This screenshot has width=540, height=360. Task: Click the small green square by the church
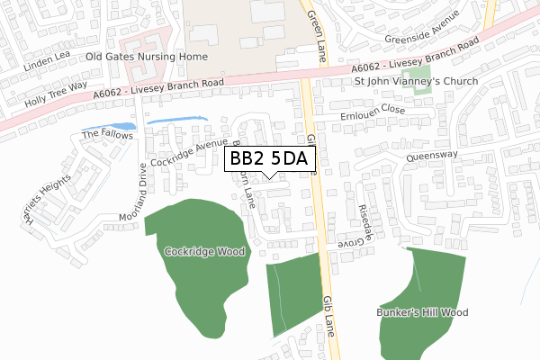click(x=435, y=98)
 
